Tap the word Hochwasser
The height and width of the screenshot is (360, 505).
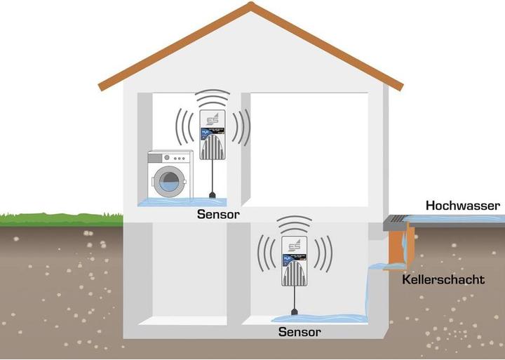[x=462, y=206]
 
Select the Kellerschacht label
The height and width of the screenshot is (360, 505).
[x=443, y=279]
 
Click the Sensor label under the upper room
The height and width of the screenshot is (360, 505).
[x=217, y=215]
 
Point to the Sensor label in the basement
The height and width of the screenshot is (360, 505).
[x=299, y=331]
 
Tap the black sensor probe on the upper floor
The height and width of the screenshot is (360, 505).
[x=211, y=195]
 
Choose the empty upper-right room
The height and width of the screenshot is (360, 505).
[x=309, y=147]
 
